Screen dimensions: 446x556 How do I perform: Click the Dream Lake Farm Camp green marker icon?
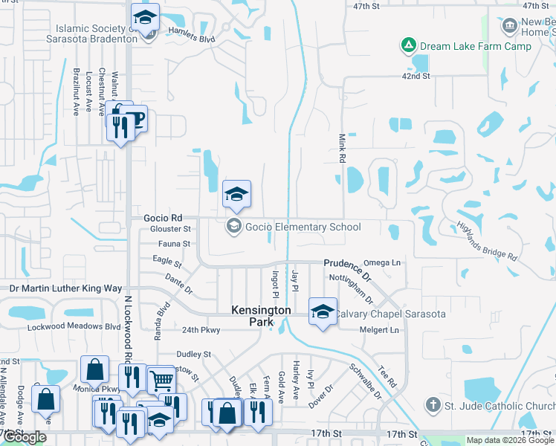407,46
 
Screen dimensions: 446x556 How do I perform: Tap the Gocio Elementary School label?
303,227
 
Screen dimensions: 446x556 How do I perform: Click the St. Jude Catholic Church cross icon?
433,405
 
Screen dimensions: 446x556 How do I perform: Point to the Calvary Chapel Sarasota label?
390,314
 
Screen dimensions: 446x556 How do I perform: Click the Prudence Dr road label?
346,264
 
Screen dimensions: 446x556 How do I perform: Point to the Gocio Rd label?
161,218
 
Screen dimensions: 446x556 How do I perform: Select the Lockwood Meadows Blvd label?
74,327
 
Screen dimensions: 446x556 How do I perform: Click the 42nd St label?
416,76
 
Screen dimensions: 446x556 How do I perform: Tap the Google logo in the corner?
24,437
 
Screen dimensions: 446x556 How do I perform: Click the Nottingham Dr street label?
351,288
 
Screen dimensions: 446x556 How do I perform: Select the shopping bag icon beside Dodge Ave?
46,398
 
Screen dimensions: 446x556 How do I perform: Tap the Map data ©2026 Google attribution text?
510,440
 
